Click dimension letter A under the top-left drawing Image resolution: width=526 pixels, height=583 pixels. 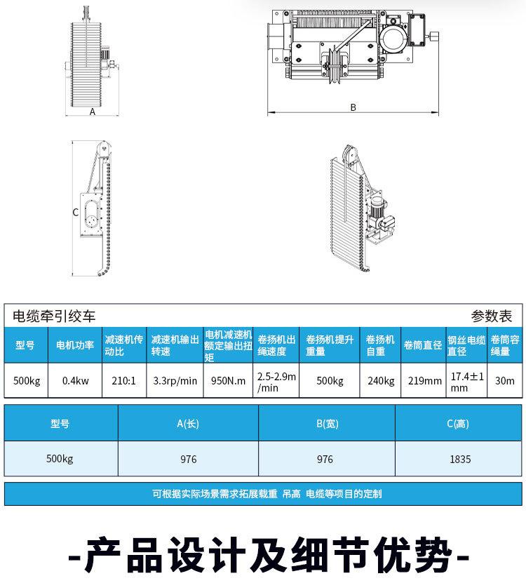pyautogui.click(x=93, y=112)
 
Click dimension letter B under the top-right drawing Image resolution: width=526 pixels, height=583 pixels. pyautogui.click(x=353, y=107)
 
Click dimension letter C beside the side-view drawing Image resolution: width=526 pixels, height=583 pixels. pyautogui.click(x=75, y=212)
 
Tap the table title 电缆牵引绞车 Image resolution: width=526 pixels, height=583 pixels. pyautogui.click(x=55, y=316)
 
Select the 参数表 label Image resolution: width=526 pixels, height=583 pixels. pyautogui.click(x=492, y=316)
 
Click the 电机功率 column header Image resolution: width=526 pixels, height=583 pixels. pyautogui.click(x=75, y=344)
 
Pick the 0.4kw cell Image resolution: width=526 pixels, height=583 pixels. pyautogui.click(x=75, y=381)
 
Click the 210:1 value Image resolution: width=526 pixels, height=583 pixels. pyautogui.click(x=124, y=381)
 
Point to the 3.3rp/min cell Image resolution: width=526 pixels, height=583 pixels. pyautogui.click(x=175, y=381)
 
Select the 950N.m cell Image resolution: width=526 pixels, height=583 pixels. pyautogui.click(x=228, y=381)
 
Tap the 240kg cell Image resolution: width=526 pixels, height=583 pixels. pyautogui.click(x=381, y=381)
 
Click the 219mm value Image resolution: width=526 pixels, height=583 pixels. pyautogui.click(x=424, y=381)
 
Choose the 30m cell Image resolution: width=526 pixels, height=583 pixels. pyautogui.click(x=505, y=381)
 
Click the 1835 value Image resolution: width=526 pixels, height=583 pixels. pyautogui.click(x=460, y=460)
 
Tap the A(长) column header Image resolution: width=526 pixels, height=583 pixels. pyautogui.click(x=188, y=423)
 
